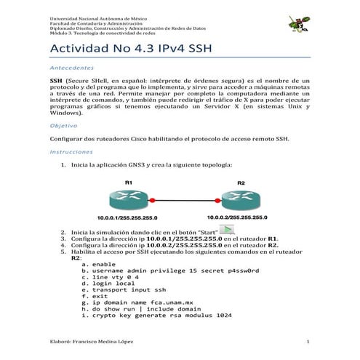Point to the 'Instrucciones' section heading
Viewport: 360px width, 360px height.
(x=71, y=153)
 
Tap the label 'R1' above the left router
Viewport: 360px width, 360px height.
(x=128, y=181)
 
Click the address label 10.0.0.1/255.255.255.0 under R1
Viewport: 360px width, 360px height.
(x=128, y=217)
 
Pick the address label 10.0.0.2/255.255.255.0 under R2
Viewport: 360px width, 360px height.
(x=237, y=217)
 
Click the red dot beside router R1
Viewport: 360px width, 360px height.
(x=153, y=199)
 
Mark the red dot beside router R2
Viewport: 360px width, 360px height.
(x=215, y=199)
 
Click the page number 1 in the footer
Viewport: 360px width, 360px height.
(x=308, y=341)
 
